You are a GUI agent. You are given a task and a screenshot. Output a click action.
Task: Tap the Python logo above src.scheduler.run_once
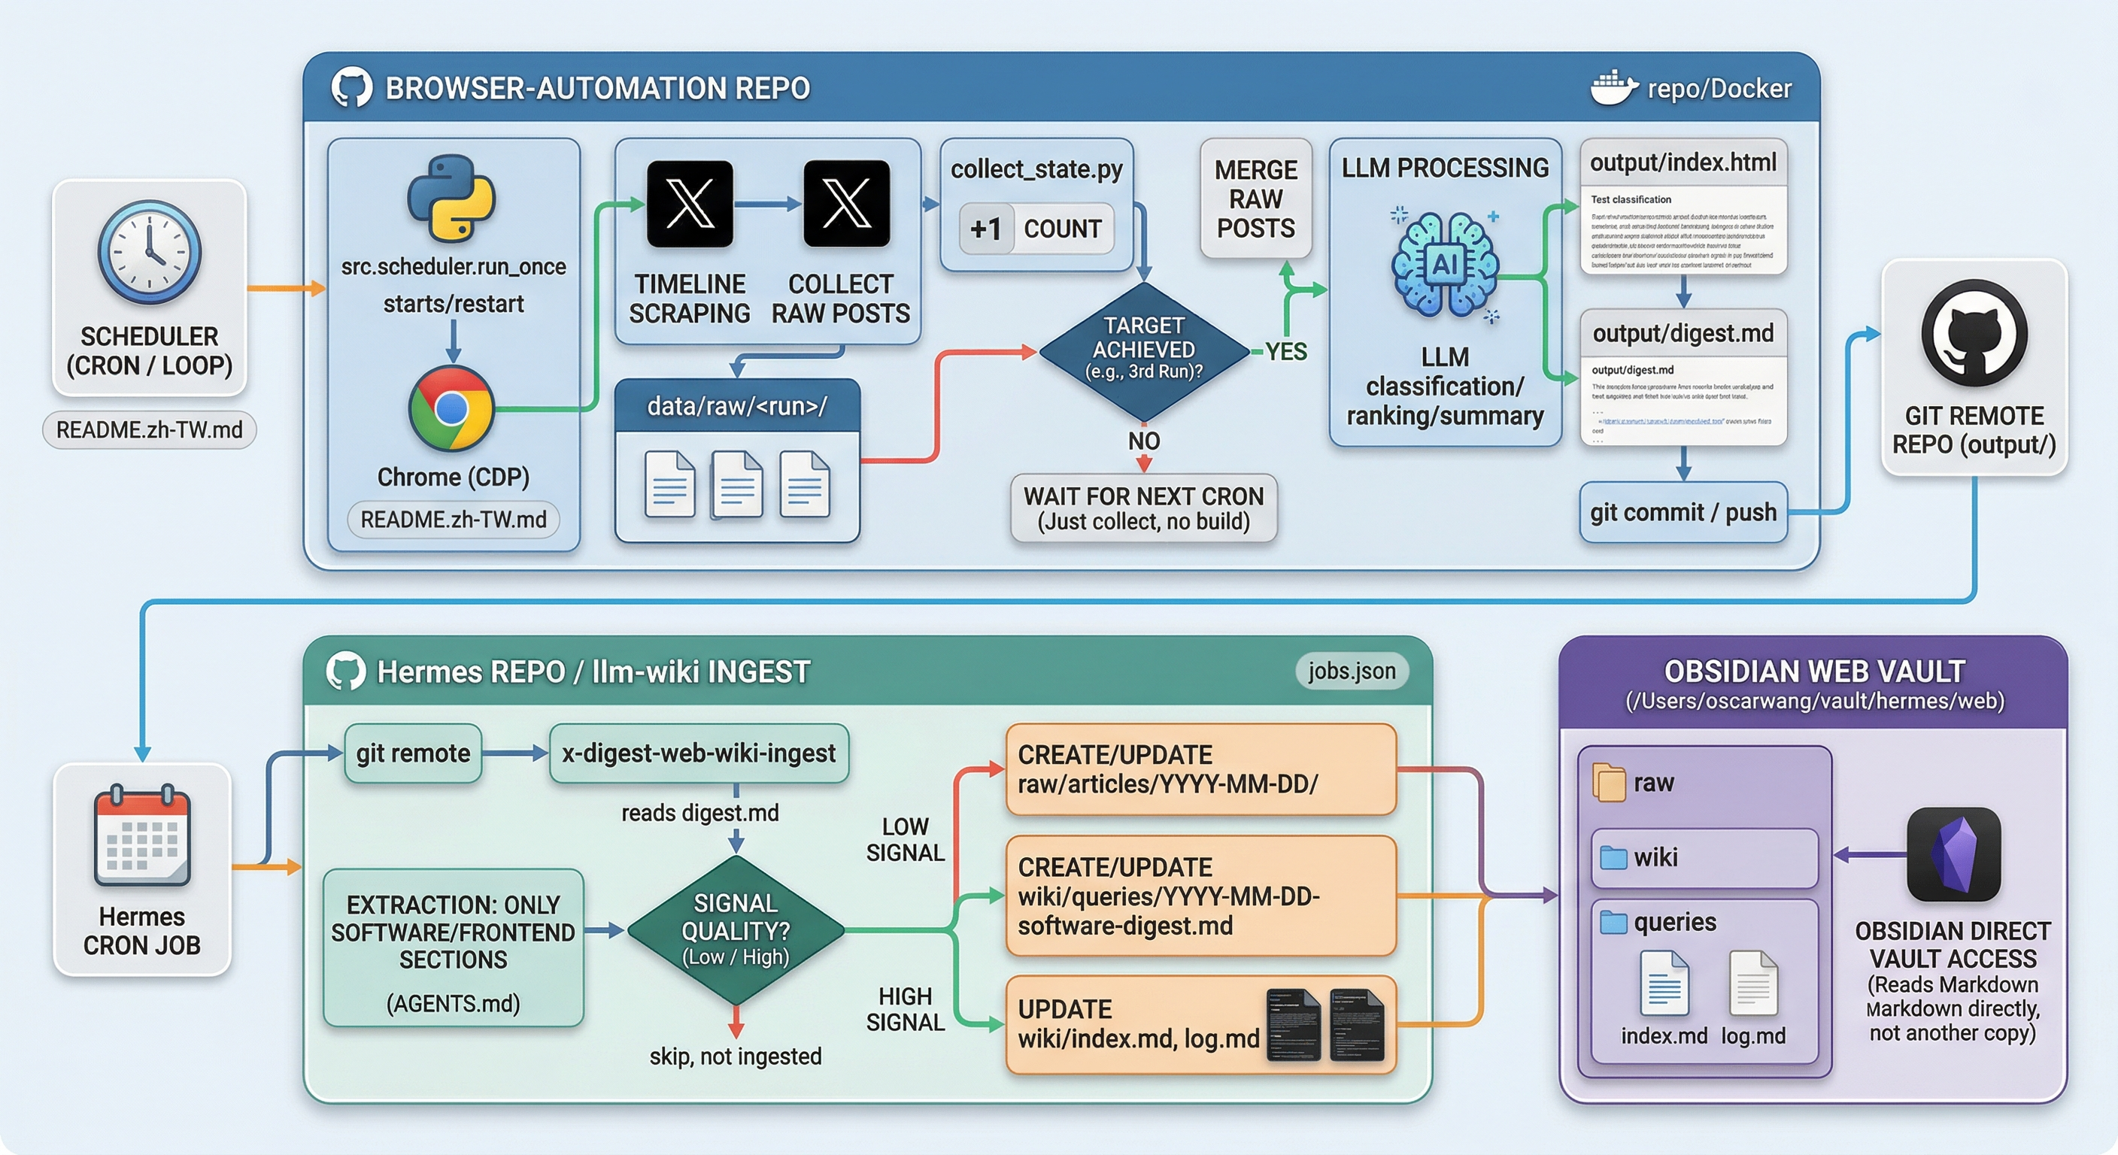(x=451, y=198)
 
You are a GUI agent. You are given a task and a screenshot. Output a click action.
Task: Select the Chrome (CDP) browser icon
(x=451, y=408)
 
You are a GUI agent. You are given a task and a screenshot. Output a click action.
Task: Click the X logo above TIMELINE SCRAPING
(x=690, y=204)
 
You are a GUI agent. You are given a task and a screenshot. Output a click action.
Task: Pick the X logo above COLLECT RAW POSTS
(x=846, y=204)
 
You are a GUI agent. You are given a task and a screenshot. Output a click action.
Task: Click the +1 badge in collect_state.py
(x=986, y=229)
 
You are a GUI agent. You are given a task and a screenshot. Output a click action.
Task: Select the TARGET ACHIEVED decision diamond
(x=1143, y=351)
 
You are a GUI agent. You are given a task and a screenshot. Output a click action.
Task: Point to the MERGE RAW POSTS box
(x=1255, y=199)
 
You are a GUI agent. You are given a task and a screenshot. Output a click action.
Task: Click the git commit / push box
(x=1683, y=512)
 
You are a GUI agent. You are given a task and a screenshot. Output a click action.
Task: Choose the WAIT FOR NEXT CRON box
(x=1143, y=508)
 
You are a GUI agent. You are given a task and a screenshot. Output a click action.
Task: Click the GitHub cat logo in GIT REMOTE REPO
(x=1974, y=333)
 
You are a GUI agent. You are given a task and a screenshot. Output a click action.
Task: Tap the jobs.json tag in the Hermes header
(x=1352, y=671)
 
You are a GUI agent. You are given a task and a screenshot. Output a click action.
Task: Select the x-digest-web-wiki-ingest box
(x=698, y=753)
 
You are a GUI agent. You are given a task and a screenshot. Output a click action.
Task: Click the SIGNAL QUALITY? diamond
(x=735, y=929)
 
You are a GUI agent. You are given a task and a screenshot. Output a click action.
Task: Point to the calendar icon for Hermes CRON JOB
(x=141, y=835)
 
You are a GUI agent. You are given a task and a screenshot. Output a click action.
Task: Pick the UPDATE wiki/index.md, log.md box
(x=1200, y=1024)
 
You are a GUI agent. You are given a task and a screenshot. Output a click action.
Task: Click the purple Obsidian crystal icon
(x=1953, y=854)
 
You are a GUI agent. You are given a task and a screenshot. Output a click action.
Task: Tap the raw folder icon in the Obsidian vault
(x=1609, y=783)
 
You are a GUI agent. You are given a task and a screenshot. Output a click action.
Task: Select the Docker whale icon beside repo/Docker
(x=1613, y=88)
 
